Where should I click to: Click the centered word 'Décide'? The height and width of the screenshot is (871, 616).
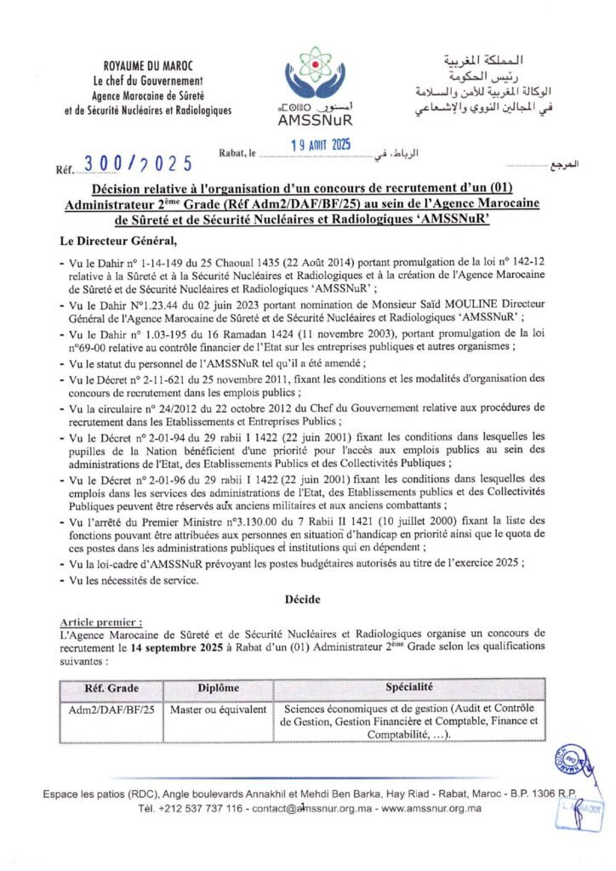(x=303, y=600)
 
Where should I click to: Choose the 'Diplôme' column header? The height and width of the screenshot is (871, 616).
(x=218, y=686)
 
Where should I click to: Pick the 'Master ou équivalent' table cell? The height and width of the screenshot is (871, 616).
(x=218, y=708)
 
